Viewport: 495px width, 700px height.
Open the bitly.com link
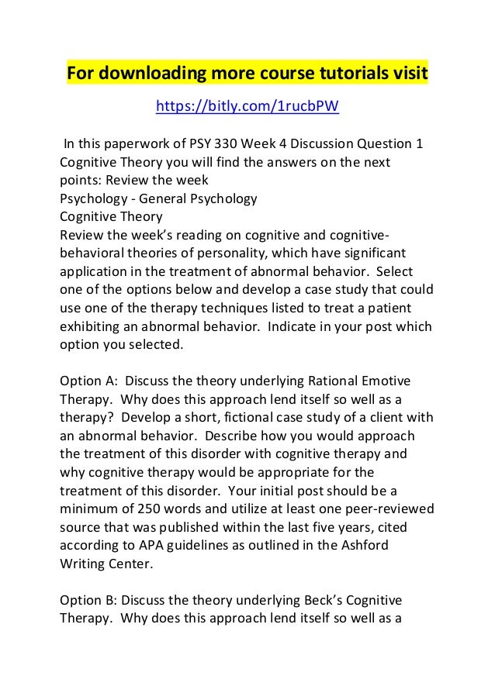point(247,106)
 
